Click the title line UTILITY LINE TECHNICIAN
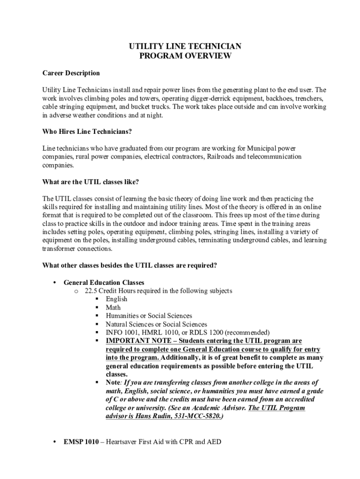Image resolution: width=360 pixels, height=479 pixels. click(186, 46)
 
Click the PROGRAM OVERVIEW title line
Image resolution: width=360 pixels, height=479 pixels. click(186, 56)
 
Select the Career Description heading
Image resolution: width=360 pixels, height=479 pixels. click(71, 73)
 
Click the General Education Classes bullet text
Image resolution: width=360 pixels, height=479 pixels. click(104, 283)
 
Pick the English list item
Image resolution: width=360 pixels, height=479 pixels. click(116, 299)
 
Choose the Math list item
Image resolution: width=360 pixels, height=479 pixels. click(113, 308)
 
